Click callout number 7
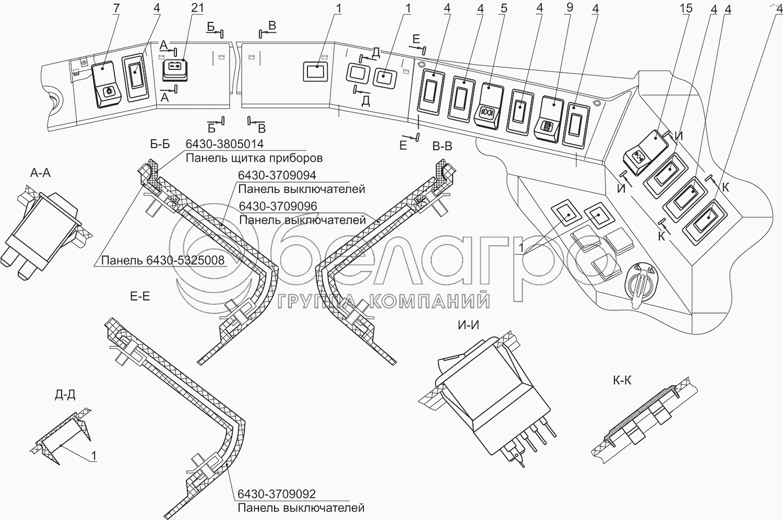116,8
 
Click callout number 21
198,8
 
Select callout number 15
686,8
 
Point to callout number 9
570,8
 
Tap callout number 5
504,8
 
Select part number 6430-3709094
277,175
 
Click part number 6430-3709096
278,207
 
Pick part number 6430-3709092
277,494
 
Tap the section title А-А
40,173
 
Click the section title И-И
468,326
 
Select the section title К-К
622,380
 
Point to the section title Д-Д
65,395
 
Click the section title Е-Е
139,297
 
